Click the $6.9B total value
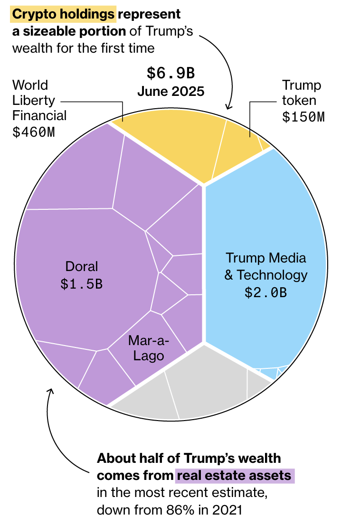(x=171, y=74)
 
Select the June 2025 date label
(x=171, y=91)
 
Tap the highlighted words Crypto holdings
(x=63, y=15)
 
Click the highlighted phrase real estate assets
(x=235, y=476)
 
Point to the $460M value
(x=33, y=131)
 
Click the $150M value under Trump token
(x=303, y=117)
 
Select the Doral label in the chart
(x=82, y=266)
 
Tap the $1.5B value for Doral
(x=82, y=283)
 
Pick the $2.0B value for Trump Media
(x=265, y=292)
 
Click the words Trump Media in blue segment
(x=265, y=258)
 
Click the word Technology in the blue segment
(x=272, y=275)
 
